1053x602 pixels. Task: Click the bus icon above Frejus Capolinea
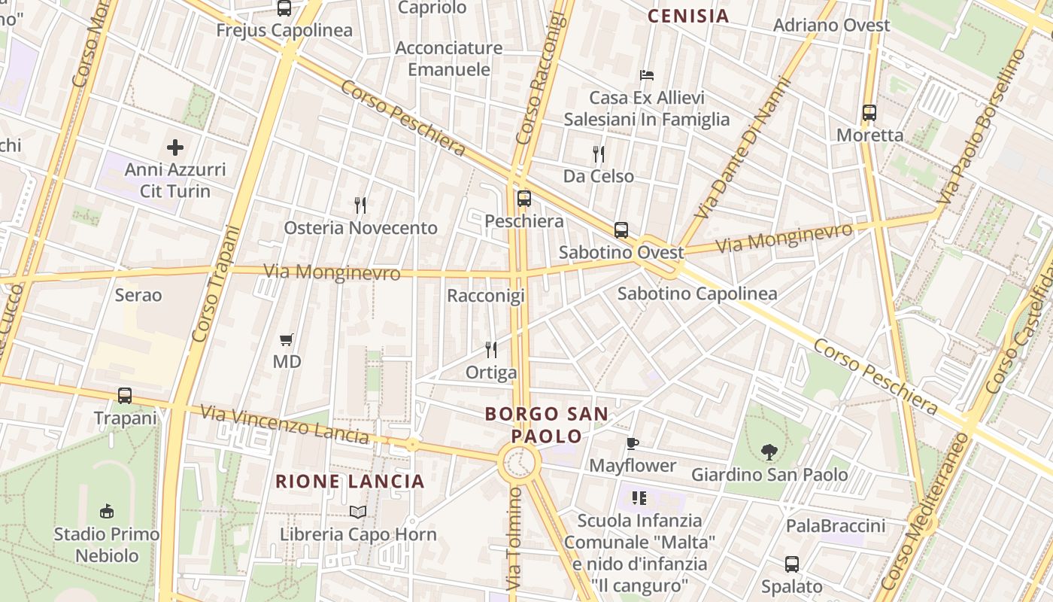(x=284, y=8)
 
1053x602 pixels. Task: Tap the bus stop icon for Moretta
(x=869, y=113)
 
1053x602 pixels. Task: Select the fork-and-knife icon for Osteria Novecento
(x=360, y=205)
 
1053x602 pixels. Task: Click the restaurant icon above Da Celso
(x=599, y=154)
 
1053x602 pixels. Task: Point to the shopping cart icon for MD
(x=286, y=339)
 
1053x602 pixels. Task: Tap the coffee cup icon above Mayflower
(x=633, y=443)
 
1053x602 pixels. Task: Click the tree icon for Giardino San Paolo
(x=769, y=452)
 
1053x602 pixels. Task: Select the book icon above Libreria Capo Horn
(x=358, y=512)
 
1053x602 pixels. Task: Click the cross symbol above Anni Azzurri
(x=175, y=147)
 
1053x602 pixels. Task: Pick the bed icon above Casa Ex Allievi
(x=647, y=75)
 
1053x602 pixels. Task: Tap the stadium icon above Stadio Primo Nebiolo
(x=106, y=512)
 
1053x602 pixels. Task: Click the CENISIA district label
(x=688, y=16)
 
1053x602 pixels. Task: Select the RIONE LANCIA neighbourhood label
(x=350, y=481)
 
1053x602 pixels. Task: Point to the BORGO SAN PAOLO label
(x=547, y=424)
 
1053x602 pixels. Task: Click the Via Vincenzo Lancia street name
(x=284, y=424)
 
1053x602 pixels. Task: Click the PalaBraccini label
(x=836, y=526)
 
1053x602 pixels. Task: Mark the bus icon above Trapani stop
(x=125, y=395)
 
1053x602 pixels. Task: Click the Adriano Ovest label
(x=831, y=25)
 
